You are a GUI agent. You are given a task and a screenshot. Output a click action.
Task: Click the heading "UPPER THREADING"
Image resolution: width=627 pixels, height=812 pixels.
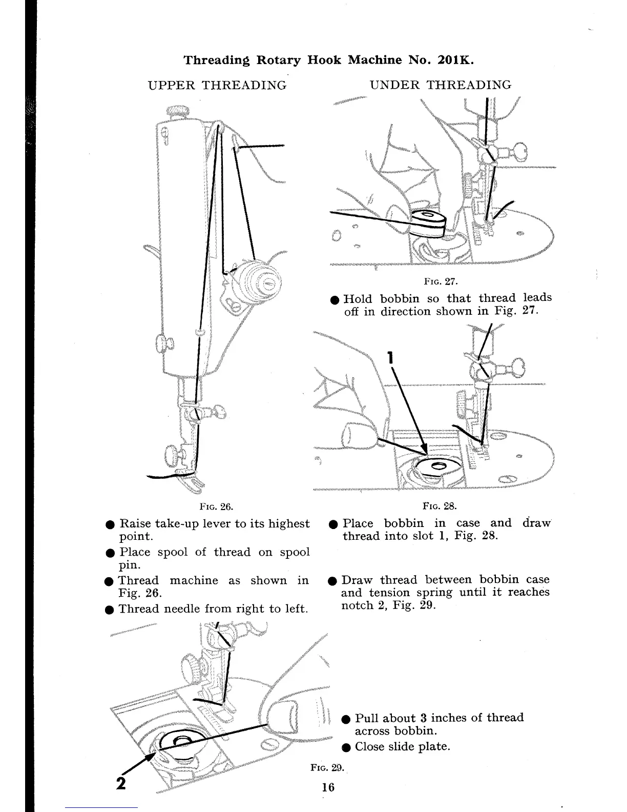pyautogui.click(x=217, y=85)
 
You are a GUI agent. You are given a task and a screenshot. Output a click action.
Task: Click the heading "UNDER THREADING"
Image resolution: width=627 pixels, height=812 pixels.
pyautogui.click(x=440, y=85)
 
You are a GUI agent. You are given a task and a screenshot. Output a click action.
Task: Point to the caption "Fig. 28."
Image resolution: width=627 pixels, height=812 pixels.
pyautogui.click(x=439, y=506)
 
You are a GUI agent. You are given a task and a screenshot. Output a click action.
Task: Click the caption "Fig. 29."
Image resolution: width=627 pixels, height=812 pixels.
pyautogui.click(x=328, y=767)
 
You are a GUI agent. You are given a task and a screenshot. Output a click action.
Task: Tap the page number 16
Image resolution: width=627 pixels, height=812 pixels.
pyautogui.click(x=328, y=787)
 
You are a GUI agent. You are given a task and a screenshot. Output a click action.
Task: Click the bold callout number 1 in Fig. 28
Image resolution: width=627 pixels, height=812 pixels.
pyautogui.click(x=390, y=357)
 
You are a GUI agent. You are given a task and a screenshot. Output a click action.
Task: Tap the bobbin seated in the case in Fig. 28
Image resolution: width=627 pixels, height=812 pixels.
pyautogui.click(x=438, y=466)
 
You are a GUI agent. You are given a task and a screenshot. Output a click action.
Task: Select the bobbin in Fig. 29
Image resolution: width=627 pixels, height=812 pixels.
pyautogui.click(x=179, y=740)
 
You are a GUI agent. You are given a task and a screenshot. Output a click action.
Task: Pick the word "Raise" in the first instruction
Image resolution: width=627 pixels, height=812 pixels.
pyautogui.click(x=135, y=523)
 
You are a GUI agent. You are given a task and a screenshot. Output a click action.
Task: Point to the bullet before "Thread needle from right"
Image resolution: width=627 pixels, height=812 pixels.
pyautogui.click(x=109, y=610)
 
